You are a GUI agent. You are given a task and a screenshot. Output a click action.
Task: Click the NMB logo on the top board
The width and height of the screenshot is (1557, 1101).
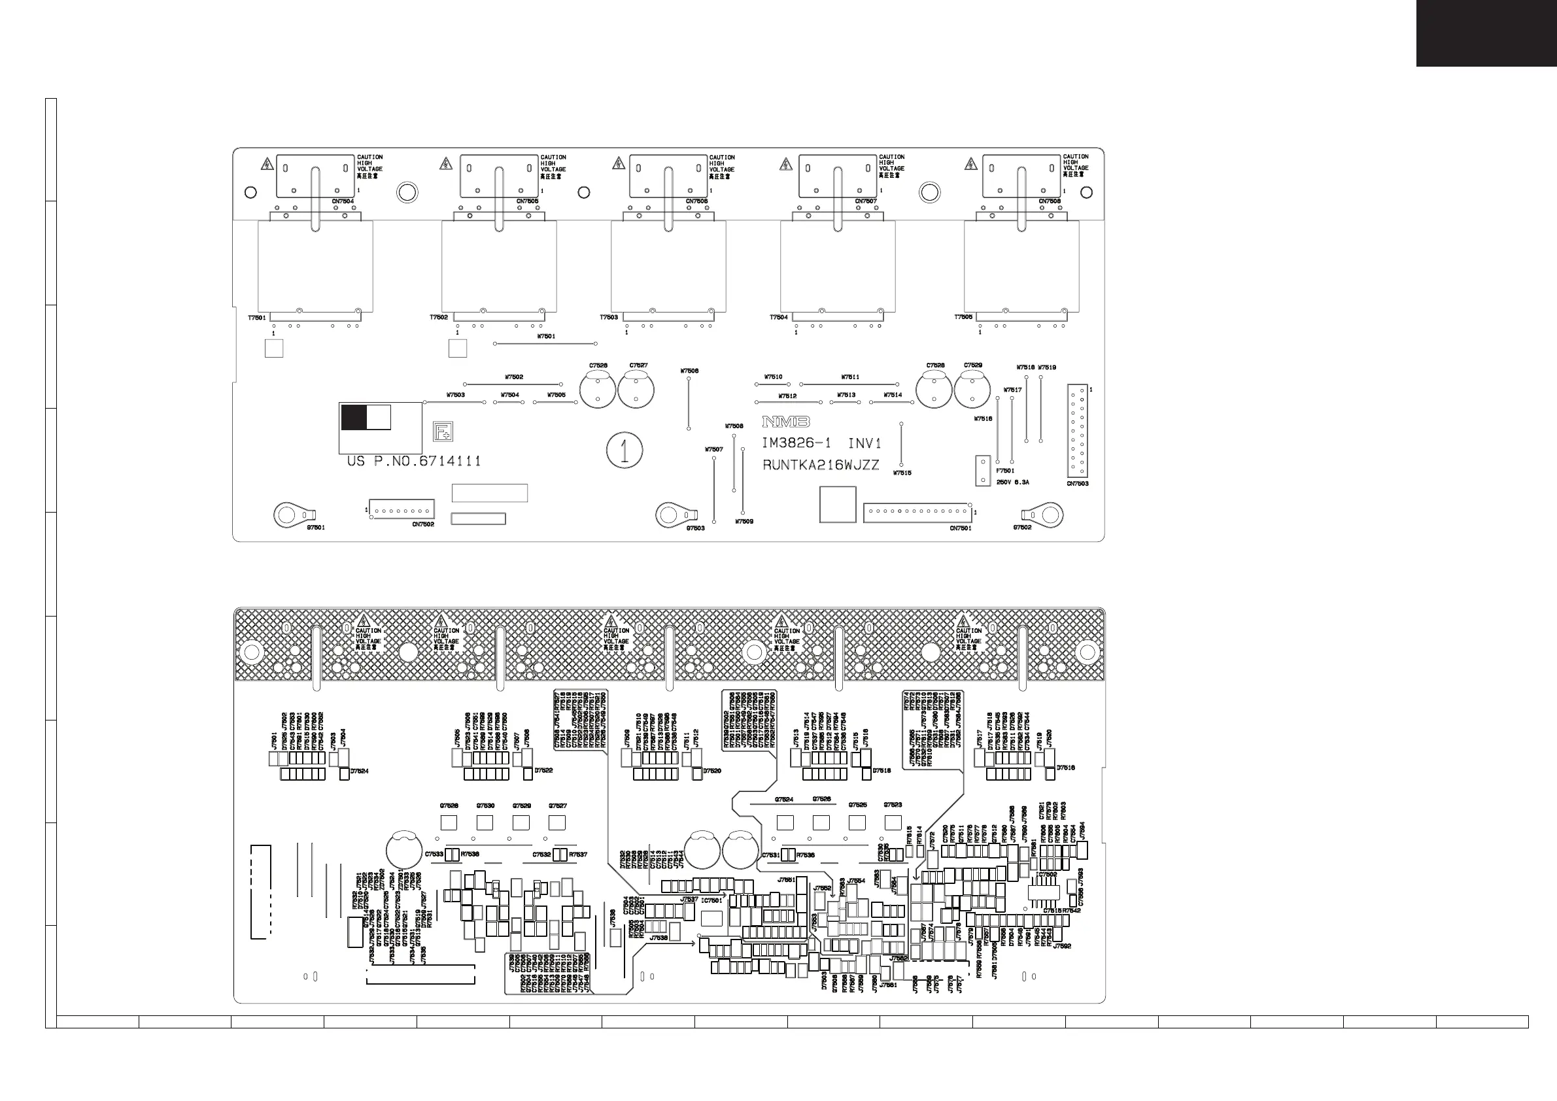(x=786, y=422)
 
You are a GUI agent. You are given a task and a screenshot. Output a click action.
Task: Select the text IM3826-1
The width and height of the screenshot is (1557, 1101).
(x=796, y=443)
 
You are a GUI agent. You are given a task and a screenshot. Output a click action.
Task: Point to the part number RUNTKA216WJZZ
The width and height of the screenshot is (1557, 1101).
(x=821, y=465)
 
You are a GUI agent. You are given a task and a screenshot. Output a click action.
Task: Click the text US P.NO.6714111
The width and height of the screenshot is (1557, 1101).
(x=414, y=462)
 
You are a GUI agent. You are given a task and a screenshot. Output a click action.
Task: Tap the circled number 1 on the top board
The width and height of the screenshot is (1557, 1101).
(x=625, y=450)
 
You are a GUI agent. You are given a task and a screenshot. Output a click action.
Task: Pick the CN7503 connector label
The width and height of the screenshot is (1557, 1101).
(x=1078, y=483)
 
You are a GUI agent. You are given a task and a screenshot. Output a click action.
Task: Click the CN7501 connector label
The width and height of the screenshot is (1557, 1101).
(x=960, y=528)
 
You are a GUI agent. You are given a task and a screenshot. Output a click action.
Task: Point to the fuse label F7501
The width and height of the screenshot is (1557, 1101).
(x=1005, y=471)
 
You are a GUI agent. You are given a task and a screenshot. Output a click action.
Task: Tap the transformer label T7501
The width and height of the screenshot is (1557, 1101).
(x=257, y=317)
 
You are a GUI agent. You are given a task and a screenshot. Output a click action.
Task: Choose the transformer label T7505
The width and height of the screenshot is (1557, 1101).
(x=963, y=317)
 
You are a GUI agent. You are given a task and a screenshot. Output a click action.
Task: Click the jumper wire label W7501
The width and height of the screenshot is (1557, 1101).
(x=546, y=336)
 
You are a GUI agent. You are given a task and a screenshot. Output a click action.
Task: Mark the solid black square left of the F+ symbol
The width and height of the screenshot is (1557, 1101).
(x=353, y=418)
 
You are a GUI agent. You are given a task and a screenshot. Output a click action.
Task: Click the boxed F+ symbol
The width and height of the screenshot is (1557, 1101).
(x=443, y=431)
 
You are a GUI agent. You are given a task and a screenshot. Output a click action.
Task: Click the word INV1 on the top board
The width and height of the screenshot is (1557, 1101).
(x=864, y=443)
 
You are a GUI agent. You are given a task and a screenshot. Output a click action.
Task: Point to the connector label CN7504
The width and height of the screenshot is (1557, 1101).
(x=343, y=201)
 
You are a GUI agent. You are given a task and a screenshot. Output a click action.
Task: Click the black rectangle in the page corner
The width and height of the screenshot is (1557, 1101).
(x=1486, y=33)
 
